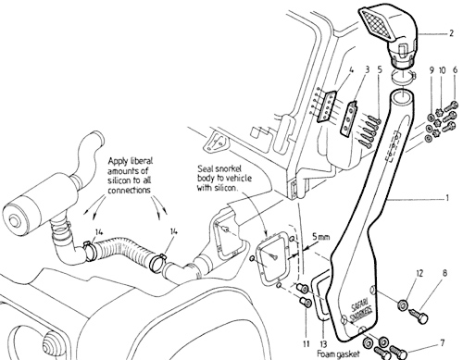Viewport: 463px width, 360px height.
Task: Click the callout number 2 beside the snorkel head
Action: [451, 33]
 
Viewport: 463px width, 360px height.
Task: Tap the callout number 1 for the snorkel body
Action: [446, 198]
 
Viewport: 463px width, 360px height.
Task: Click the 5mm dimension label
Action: [320, 237]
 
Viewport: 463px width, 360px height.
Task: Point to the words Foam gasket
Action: [338, 354]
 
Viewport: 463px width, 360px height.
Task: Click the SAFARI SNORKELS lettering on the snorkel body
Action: [361, 309]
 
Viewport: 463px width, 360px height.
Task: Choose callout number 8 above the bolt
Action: [444, 273]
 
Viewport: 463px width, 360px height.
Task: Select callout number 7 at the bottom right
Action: [442, 342]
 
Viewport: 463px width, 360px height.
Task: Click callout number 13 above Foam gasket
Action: [324, 344]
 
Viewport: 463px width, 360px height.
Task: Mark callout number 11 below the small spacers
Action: [306, 343]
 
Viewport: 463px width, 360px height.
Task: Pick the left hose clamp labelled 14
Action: [88, 249]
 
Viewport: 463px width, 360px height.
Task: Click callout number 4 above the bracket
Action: [351, 70]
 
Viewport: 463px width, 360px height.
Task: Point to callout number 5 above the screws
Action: [380, 69]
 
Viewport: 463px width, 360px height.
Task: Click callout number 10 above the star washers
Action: [443, 70]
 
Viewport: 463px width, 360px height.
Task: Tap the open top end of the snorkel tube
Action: [402, 94]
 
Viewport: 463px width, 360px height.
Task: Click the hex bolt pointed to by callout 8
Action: [419, 316]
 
